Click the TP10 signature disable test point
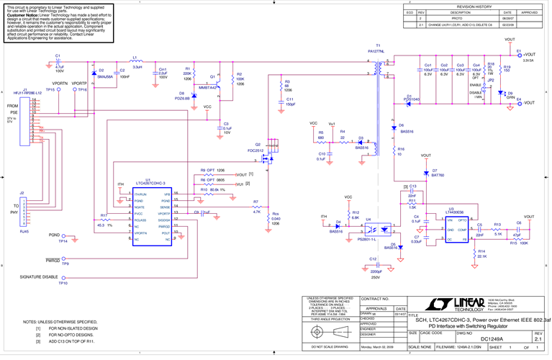[x=63, y=277]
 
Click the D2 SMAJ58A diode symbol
[x=94, y=73]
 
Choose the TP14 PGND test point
[x=63, y=235]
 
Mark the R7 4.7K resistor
[x=257, y=207]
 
